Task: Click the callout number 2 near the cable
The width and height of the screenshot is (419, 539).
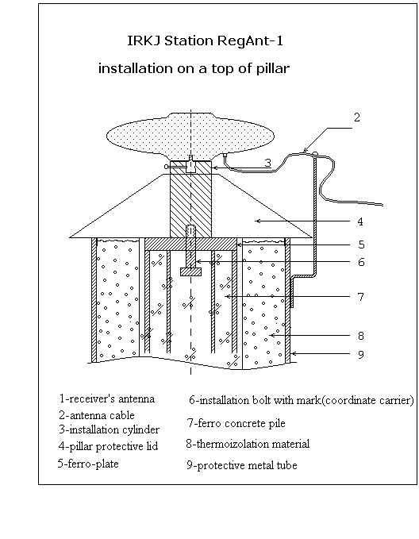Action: tap(357, 117)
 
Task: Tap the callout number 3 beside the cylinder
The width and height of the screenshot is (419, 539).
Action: tap(267, 163)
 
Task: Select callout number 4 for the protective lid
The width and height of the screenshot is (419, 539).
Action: tap(359, 221)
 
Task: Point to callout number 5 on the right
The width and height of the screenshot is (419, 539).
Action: tap(361, 244)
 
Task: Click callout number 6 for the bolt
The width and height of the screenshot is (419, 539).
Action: tap(361, 262)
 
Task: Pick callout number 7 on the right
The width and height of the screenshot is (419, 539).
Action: tap(360, 297)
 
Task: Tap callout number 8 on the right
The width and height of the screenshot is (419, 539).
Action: tap(360, 336)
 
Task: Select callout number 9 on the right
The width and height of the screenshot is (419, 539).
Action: tap(360, 354)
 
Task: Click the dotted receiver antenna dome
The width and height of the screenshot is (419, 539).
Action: tap(190, 136)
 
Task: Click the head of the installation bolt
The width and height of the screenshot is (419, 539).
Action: tap(190, 272)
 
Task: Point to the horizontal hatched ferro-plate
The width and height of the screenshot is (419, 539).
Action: tap(190, 244)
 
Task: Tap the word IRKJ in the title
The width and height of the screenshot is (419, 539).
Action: tap(144, 41)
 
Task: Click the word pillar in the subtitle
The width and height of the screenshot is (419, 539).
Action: tap(273, 68)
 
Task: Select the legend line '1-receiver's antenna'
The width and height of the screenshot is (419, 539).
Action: tap(107, 398)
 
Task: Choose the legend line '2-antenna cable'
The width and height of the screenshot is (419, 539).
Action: tap(97, 415)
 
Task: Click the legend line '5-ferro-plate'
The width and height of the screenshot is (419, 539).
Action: tap(88, 464)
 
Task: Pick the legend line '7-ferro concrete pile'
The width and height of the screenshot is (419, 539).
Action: tap(236, 423)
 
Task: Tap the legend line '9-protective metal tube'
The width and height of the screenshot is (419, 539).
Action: tap(242, 465)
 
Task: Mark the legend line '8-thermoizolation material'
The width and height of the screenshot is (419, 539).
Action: tap(248, 444)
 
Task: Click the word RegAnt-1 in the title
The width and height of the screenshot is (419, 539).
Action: tap(250, 41)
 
